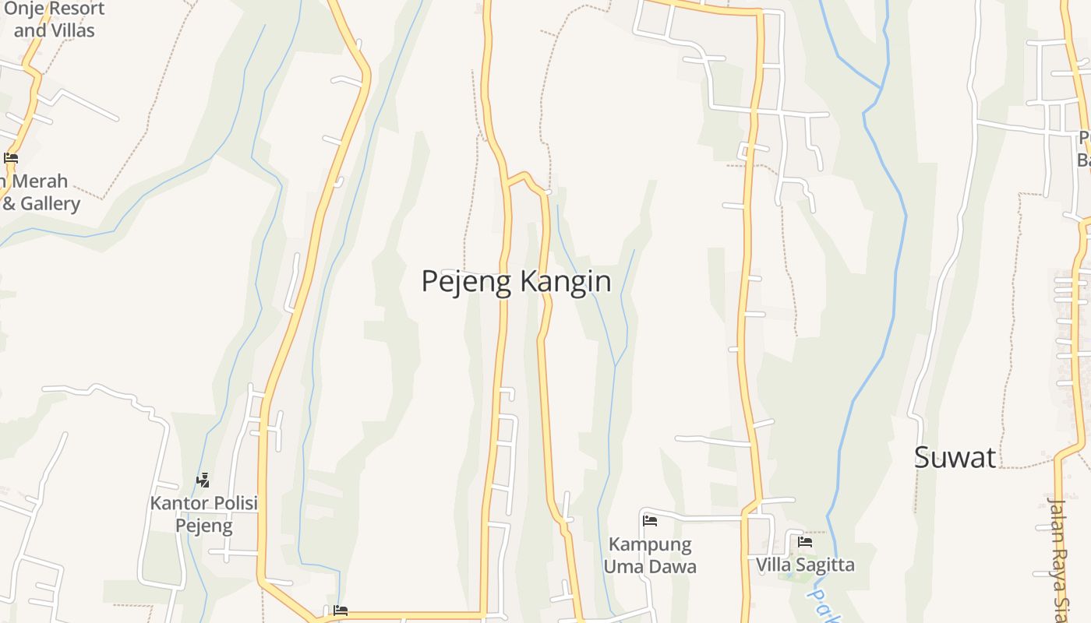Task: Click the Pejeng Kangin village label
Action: [x=516, y=281]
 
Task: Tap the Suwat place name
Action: [x=955, y=457]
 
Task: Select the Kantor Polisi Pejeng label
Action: [x=203, y=514]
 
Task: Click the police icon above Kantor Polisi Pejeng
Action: [x=203, y=480]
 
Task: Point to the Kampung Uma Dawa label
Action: [x=650, y=554]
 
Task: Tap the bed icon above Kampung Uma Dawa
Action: [x=650, y=520]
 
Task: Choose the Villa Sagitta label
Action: [x=805, y=565]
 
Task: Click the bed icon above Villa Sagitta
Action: [x=805, y=541]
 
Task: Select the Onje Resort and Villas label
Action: [x=54, y=19]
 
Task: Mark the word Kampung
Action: [x=650, y=544]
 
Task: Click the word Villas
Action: [x=73, y=30]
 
